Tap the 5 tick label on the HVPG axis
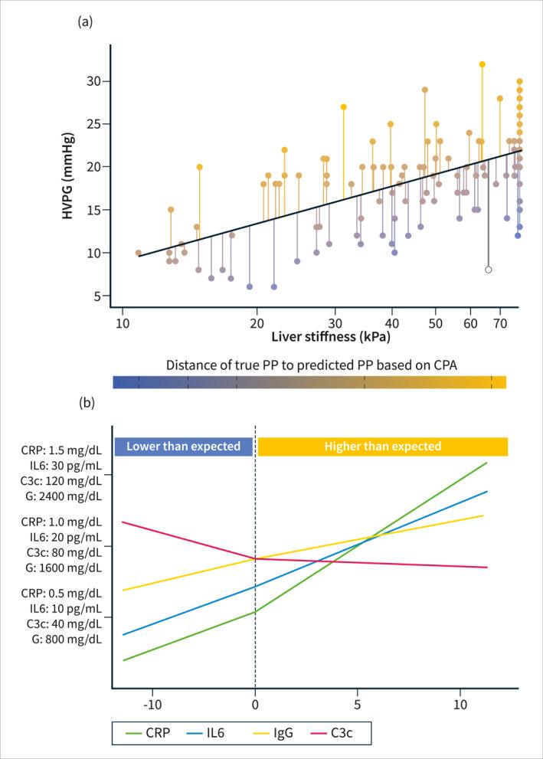coord(104,296)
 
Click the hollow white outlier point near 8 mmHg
coord(489,270)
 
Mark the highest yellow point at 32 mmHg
coord(482,64)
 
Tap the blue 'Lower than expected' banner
coord(184,447)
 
